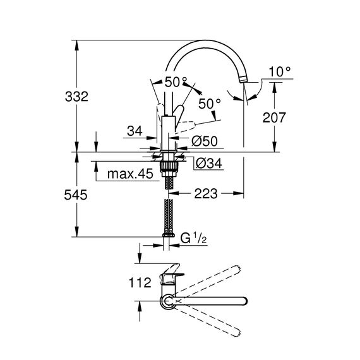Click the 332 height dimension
(x=76, y=97)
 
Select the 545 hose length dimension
(x=76, y=195)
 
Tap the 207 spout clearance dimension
(x=274, y=117)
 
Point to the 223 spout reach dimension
(x=206, y=193)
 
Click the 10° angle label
(x=279, y=71)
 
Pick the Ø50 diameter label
(x=205, y=141)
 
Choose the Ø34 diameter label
(x=209, y=164)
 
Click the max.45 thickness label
(x=130, y=174)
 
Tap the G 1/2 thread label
(x=193, y=239)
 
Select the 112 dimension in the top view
(x=140, y=282)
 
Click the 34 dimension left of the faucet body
(x=135, y=131)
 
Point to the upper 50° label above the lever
(x=176, y=82)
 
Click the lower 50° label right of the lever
(x=210, y=104)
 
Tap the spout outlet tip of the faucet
(x=243, y=80)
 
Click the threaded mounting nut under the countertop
(x=169, y=166)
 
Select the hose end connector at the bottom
(x=168, y=235)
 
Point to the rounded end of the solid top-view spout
(x=245, y=301)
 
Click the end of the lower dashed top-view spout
(x=238, y=333)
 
